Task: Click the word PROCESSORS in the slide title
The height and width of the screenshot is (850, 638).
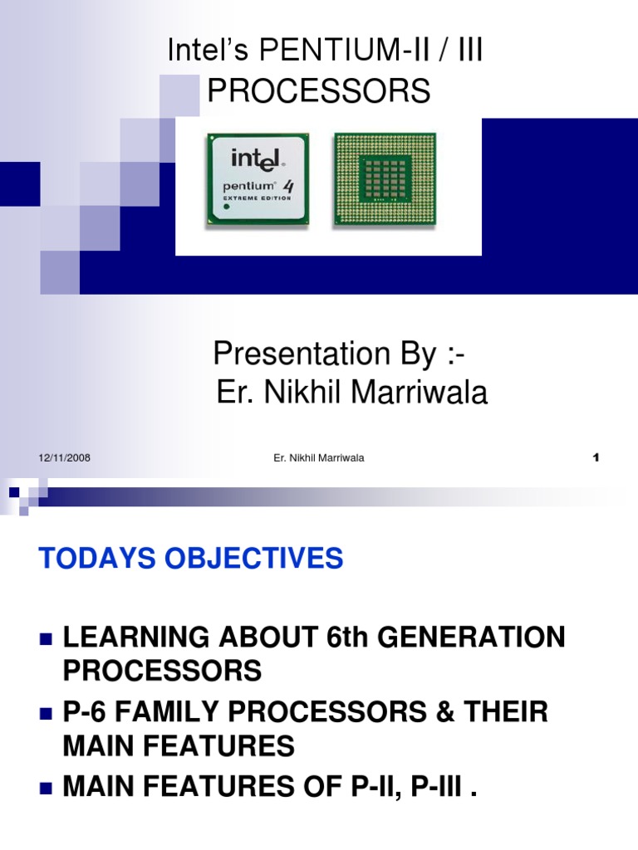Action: (x=319, y=90)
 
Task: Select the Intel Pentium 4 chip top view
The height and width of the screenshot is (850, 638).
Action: (x=258, y=179)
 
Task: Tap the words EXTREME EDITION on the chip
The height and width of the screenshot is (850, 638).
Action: (x=257, y=198)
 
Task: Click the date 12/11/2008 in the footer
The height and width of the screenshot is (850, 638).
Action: (x=64, y=458)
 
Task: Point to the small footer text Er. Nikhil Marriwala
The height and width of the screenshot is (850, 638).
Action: (x=319, y=458)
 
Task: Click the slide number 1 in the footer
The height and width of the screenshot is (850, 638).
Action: (x=596, y=458)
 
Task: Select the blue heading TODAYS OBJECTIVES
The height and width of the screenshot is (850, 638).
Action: (x=191, y=559)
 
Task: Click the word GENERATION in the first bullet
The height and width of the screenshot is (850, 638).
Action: (x=470, y=638)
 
